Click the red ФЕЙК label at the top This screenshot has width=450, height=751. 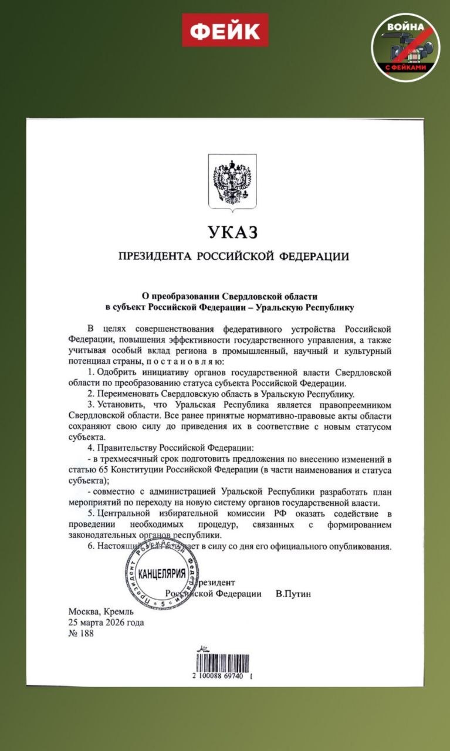[x=225, y=30]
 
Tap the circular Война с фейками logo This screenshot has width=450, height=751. [x=405, y=47]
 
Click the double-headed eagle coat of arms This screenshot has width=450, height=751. [x=231, y=182]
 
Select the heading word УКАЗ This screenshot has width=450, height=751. [x=233, y=232]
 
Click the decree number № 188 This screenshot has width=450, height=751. [x=81, y=633]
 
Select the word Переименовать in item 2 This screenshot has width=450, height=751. [x=127, y=394]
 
